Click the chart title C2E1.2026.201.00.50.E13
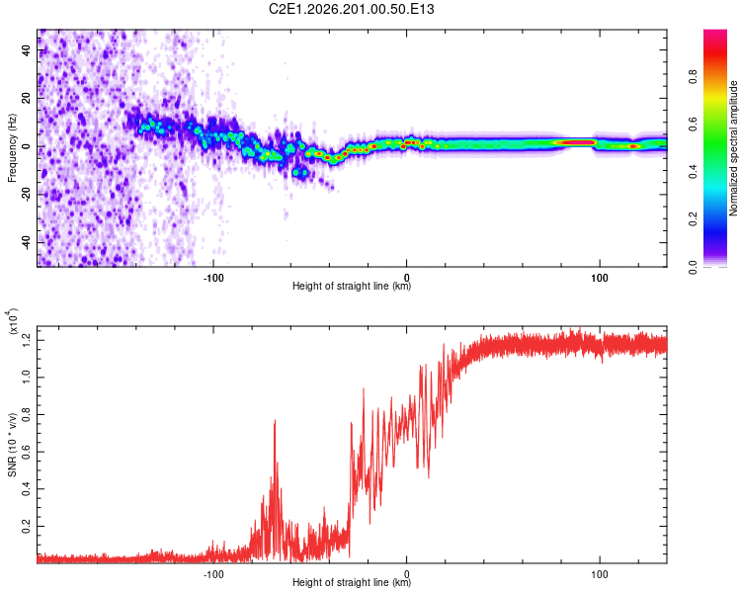(x=351, y=9)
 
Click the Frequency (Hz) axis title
(x=12, y=148)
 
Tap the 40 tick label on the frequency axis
(x=27, y=50)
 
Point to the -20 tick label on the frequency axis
(x=27, y=193)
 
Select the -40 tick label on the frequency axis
(x=27, y=241)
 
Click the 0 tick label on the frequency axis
(x=27, y=146)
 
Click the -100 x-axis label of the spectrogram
(x=213, y=278)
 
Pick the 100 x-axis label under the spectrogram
(x=600, y=278)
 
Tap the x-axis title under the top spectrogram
(x=352, y=286)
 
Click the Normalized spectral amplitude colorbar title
(x=733, y=148)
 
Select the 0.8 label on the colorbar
(x=693, y=76)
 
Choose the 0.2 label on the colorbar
(x=693, y=219)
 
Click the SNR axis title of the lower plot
(x=12, y=445)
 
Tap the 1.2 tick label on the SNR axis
(x=27, y=340)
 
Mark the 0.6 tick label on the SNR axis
(x=27, y=452)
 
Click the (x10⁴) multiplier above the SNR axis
(x=13, y=321)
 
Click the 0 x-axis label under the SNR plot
(x=406, y=574)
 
